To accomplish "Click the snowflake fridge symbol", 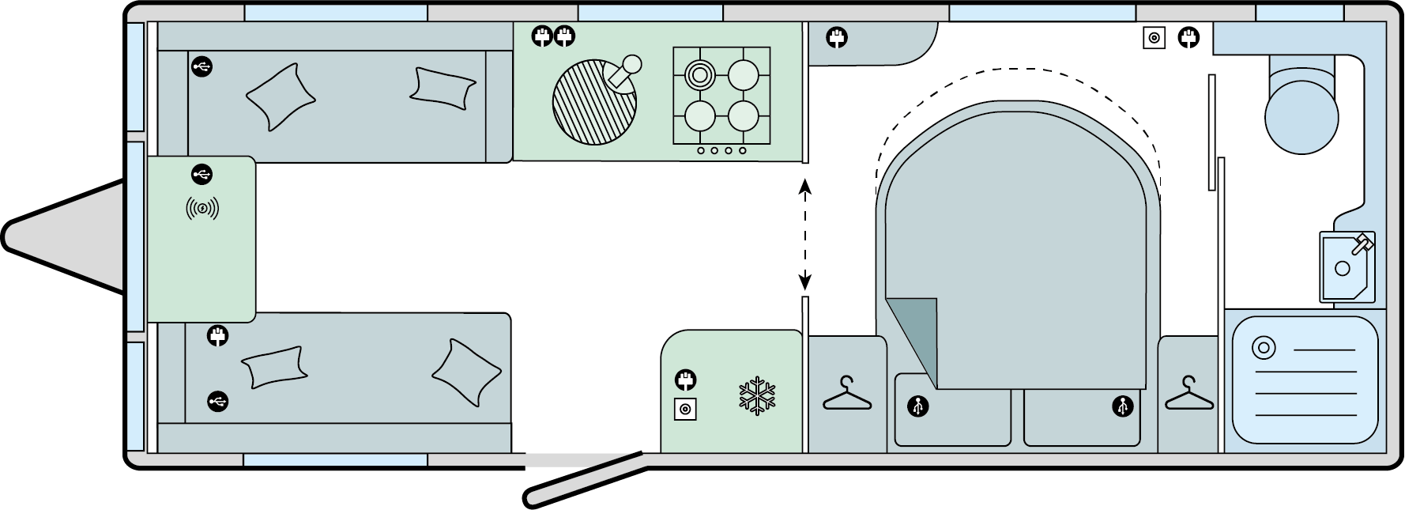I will [x=757, y=398].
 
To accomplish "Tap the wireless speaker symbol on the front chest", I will [x=202, y=209].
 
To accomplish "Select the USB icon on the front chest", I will [x=202, y=173].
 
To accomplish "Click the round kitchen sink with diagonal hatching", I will [x=594, y=104].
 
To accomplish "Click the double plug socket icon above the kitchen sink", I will [x=552, y=36].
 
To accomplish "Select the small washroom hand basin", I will [x=1347, y=267].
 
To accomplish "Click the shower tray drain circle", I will [x=1263, y=348].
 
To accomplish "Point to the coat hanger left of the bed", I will [x=847, y=394].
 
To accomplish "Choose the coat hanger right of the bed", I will [x=1188, y=394].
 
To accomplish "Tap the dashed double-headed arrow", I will [x=805, y=234].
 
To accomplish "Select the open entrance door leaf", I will [x=586, y=476].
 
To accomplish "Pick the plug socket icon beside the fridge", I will [x=685, y=380].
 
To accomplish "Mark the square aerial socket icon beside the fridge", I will [x=685, y=409].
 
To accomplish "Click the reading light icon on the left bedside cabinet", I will [x=917, y=407].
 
